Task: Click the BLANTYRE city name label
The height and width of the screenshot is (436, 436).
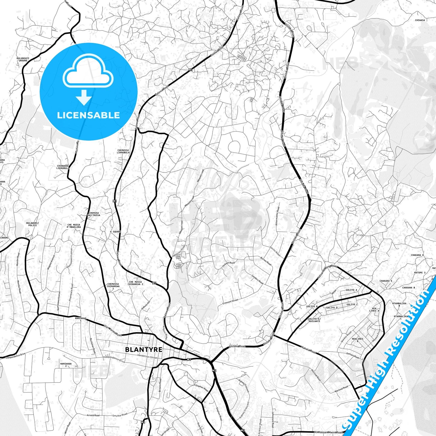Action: (144, 349)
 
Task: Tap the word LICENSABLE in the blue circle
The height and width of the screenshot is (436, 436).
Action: (88, 115)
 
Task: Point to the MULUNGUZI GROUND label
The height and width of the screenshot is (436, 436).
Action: (23, 59)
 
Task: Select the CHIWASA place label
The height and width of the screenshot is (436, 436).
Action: (420, 20)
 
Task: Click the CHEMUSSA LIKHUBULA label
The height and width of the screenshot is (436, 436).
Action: (123, 151)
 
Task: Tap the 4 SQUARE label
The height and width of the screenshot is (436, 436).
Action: (116, 232)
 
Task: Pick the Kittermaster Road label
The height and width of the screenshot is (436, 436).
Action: (277, 216)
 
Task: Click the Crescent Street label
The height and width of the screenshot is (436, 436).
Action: (230, 302)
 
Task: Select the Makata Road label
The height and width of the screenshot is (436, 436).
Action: (308, 350)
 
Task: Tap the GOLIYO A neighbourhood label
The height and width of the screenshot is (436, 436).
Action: (351, 290)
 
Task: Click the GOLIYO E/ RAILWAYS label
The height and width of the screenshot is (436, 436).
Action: (314, 320)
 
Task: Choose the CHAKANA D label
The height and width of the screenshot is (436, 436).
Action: (417, 255)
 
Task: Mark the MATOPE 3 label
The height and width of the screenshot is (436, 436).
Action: (420, 272)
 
